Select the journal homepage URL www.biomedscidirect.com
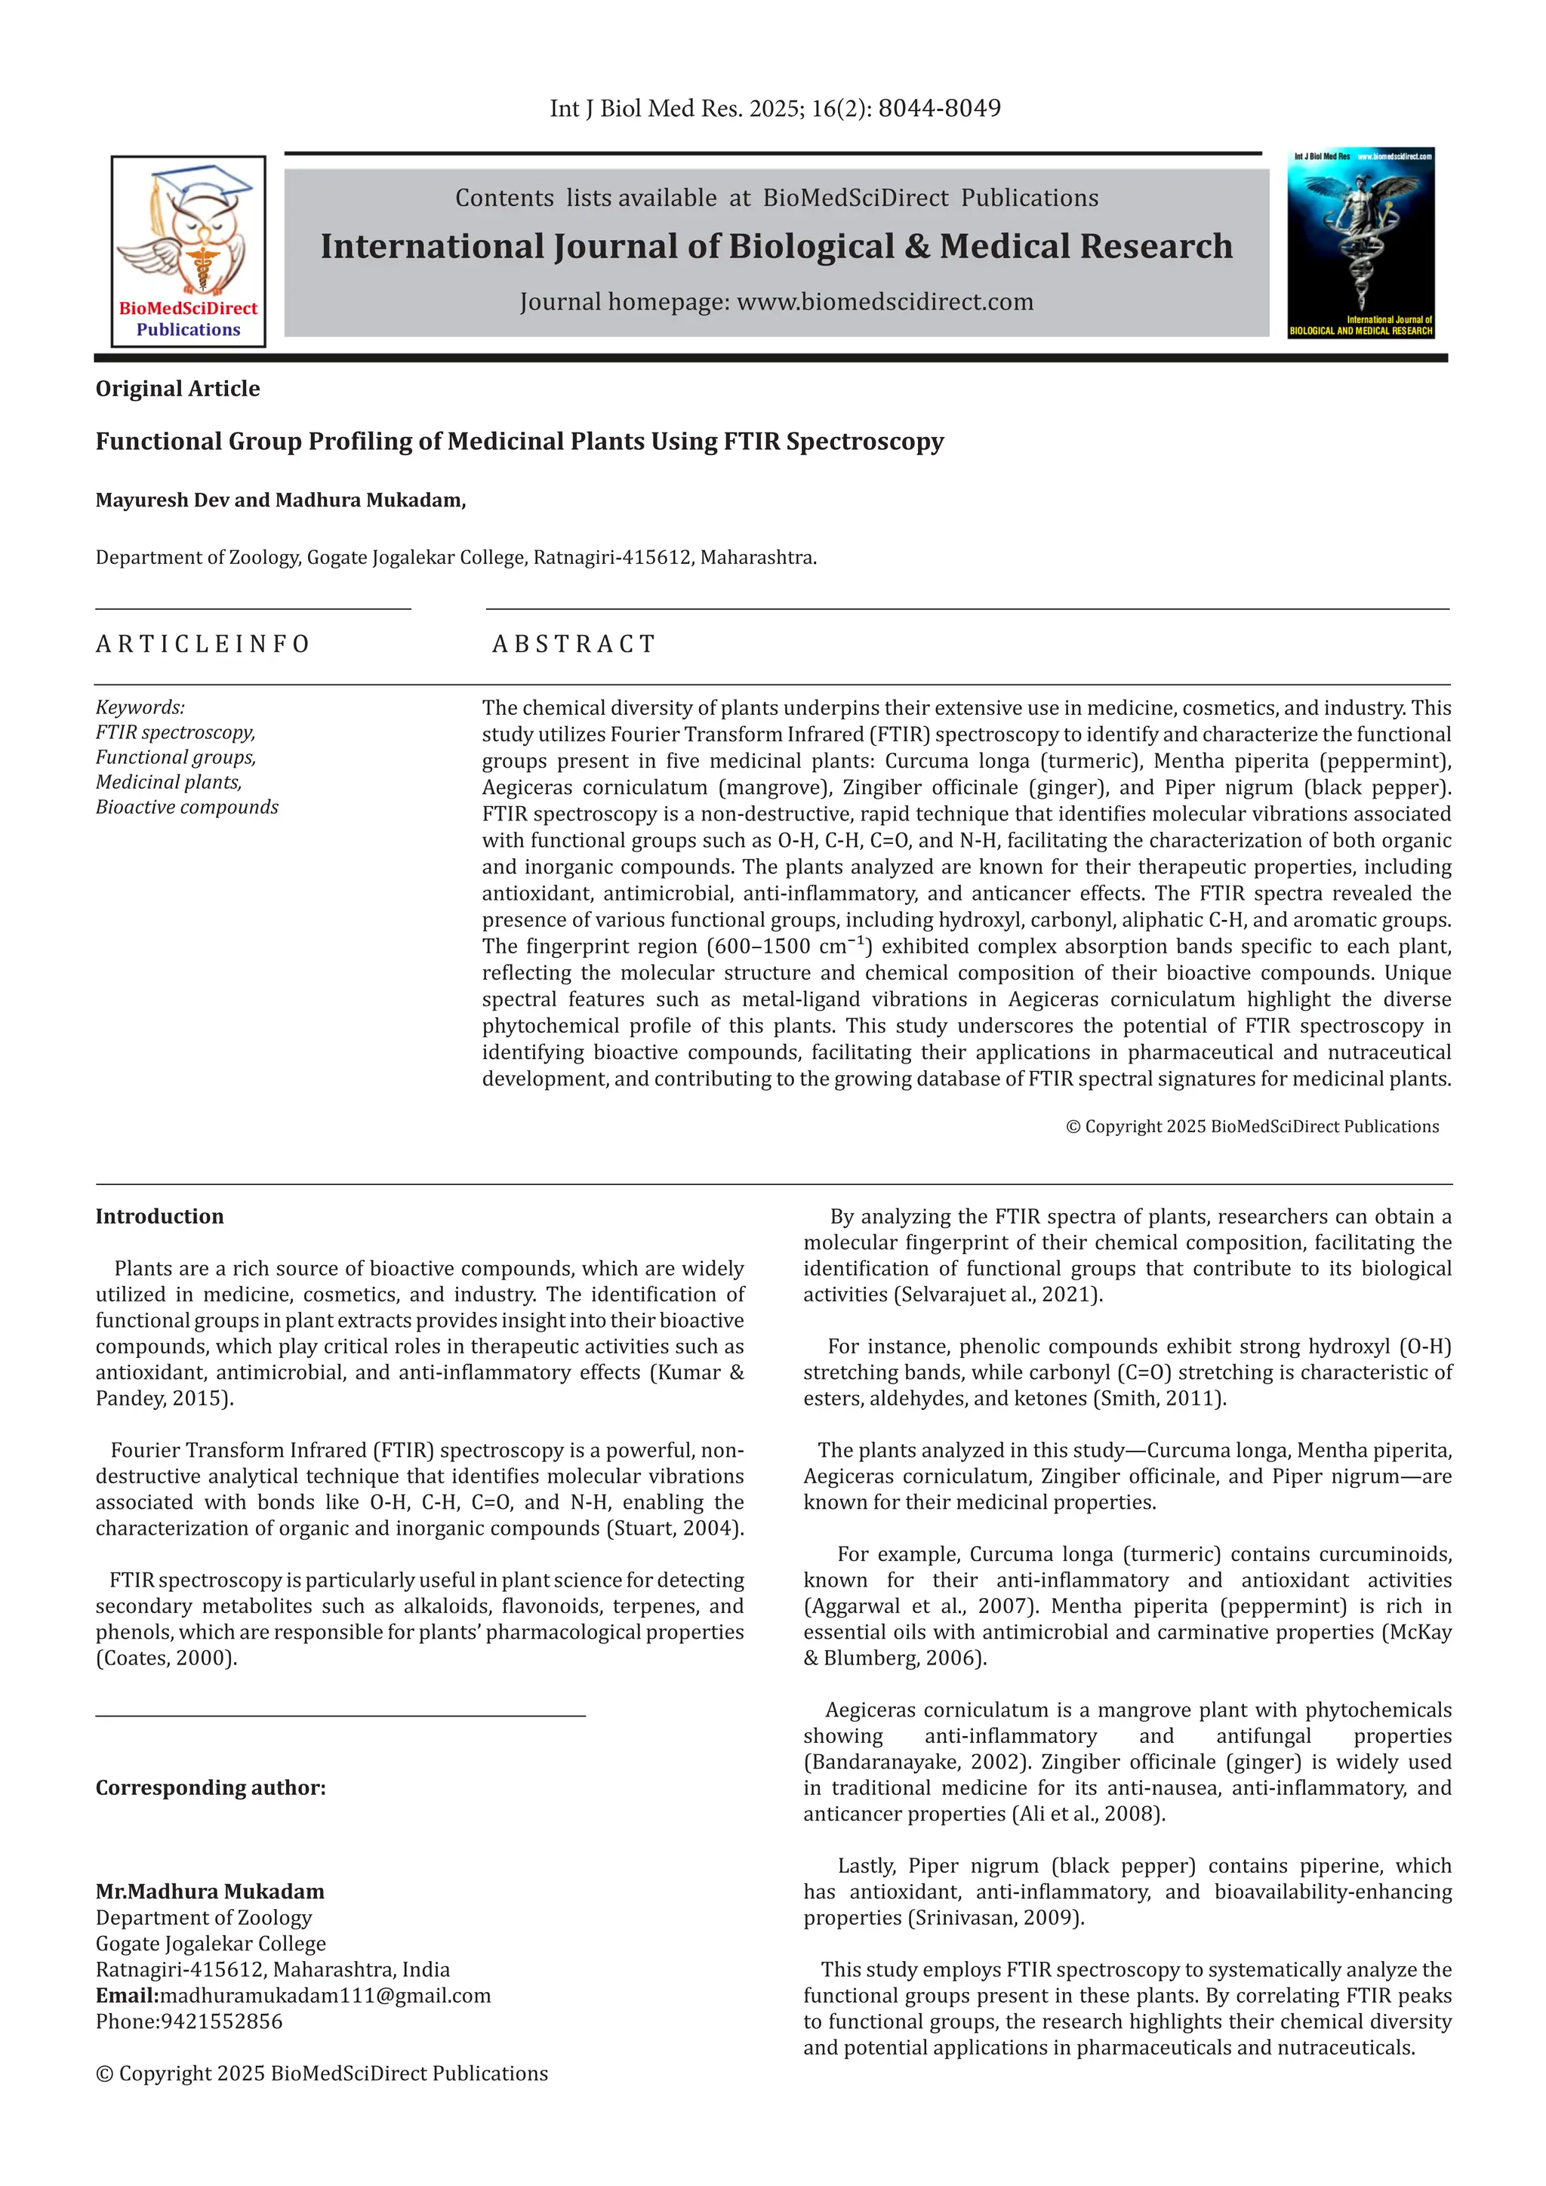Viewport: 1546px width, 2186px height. point(885,302)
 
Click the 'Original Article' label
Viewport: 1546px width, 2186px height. point(178,389)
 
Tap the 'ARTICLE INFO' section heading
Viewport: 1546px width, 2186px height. point(203,645)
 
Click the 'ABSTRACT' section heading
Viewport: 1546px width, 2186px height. point(574,645)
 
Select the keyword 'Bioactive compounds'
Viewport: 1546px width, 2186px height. point(186,808)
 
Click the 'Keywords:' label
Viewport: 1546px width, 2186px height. point(140,707)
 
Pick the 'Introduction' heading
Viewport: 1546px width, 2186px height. point(159,1217)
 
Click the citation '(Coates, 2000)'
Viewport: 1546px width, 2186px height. point(167,1658)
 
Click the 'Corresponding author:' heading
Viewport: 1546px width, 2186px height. point(211,1788)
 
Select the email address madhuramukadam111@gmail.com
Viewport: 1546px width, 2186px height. point(325,1996)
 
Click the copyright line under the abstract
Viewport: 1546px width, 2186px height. point(1252,1126)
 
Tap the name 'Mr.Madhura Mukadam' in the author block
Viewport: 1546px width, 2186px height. point(209,1892)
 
